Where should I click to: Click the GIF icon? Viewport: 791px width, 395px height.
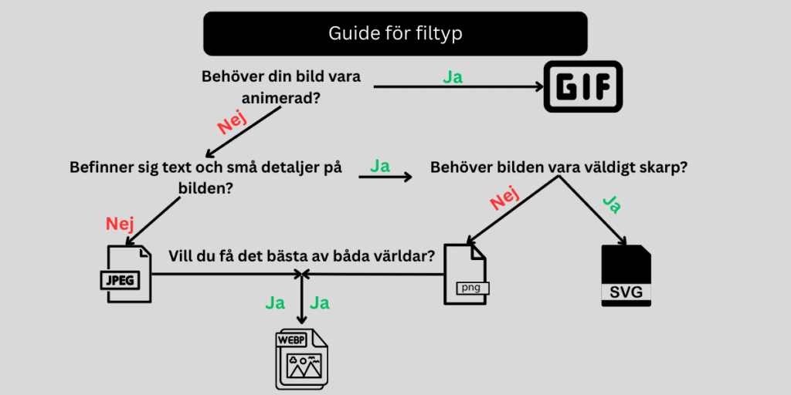pyautogui.click(x=583, y=86)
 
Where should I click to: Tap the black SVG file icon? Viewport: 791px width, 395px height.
pyautogui.click(x=626, y=276)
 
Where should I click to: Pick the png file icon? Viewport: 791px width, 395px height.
pyautogui.click(x=467, y=276)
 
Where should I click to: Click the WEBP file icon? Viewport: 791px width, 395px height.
pyautogui.click(x=301, y=359)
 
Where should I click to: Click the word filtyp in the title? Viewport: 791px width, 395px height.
pyautogui.click(x=440, y=33)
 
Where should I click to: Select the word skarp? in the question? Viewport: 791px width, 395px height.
pyautogui.click(x=660, y=167)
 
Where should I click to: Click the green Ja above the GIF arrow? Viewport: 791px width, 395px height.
pyautogui.click(x=453, y=77)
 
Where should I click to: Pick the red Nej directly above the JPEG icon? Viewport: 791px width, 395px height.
pyautogui.click(x=120, y=224)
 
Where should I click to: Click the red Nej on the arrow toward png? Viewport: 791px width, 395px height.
pyautogui.click(x=504, y=200)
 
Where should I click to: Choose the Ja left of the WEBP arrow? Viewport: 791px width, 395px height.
pyautogui.click(x=275, y=302)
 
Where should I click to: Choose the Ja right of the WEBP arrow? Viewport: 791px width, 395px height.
pyautogui.click(x=320, y=302)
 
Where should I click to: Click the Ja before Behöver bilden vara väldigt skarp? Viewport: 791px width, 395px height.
pyautogui.click(x=379, y=166)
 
